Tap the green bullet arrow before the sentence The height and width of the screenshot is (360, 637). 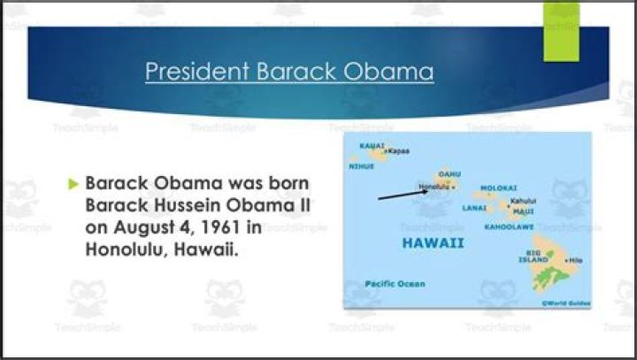(73, 185)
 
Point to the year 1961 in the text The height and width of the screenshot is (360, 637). (216, 227)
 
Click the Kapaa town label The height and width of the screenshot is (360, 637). (399, 151)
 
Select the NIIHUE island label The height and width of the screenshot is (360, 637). (362, 165)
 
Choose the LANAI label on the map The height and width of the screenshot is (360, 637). (474, 208)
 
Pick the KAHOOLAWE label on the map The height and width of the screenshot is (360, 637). (509, 227)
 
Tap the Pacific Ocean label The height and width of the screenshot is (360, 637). (395, 284)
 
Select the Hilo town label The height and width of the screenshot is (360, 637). (576, 260)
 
